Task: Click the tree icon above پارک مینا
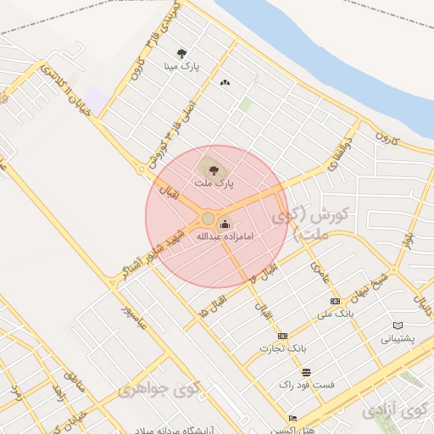[x=181, y=53]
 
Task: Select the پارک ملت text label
[x=213, y=182]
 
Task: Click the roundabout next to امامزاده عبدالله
[x=208, y=219]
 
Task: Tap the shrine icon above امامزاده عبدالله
[x=225, y=225]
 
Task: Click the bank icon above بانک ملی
[x=335, y=302]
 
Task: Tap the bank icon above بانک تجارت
[x=282, y=336]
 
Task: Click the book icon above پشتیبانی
[x=398, y=325]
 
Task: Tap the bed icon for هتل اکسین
[x=292, y=418]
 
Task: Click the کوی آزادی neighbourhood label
[x=397, y=410]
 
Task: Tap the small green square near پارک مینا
[x=245, y=104]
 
